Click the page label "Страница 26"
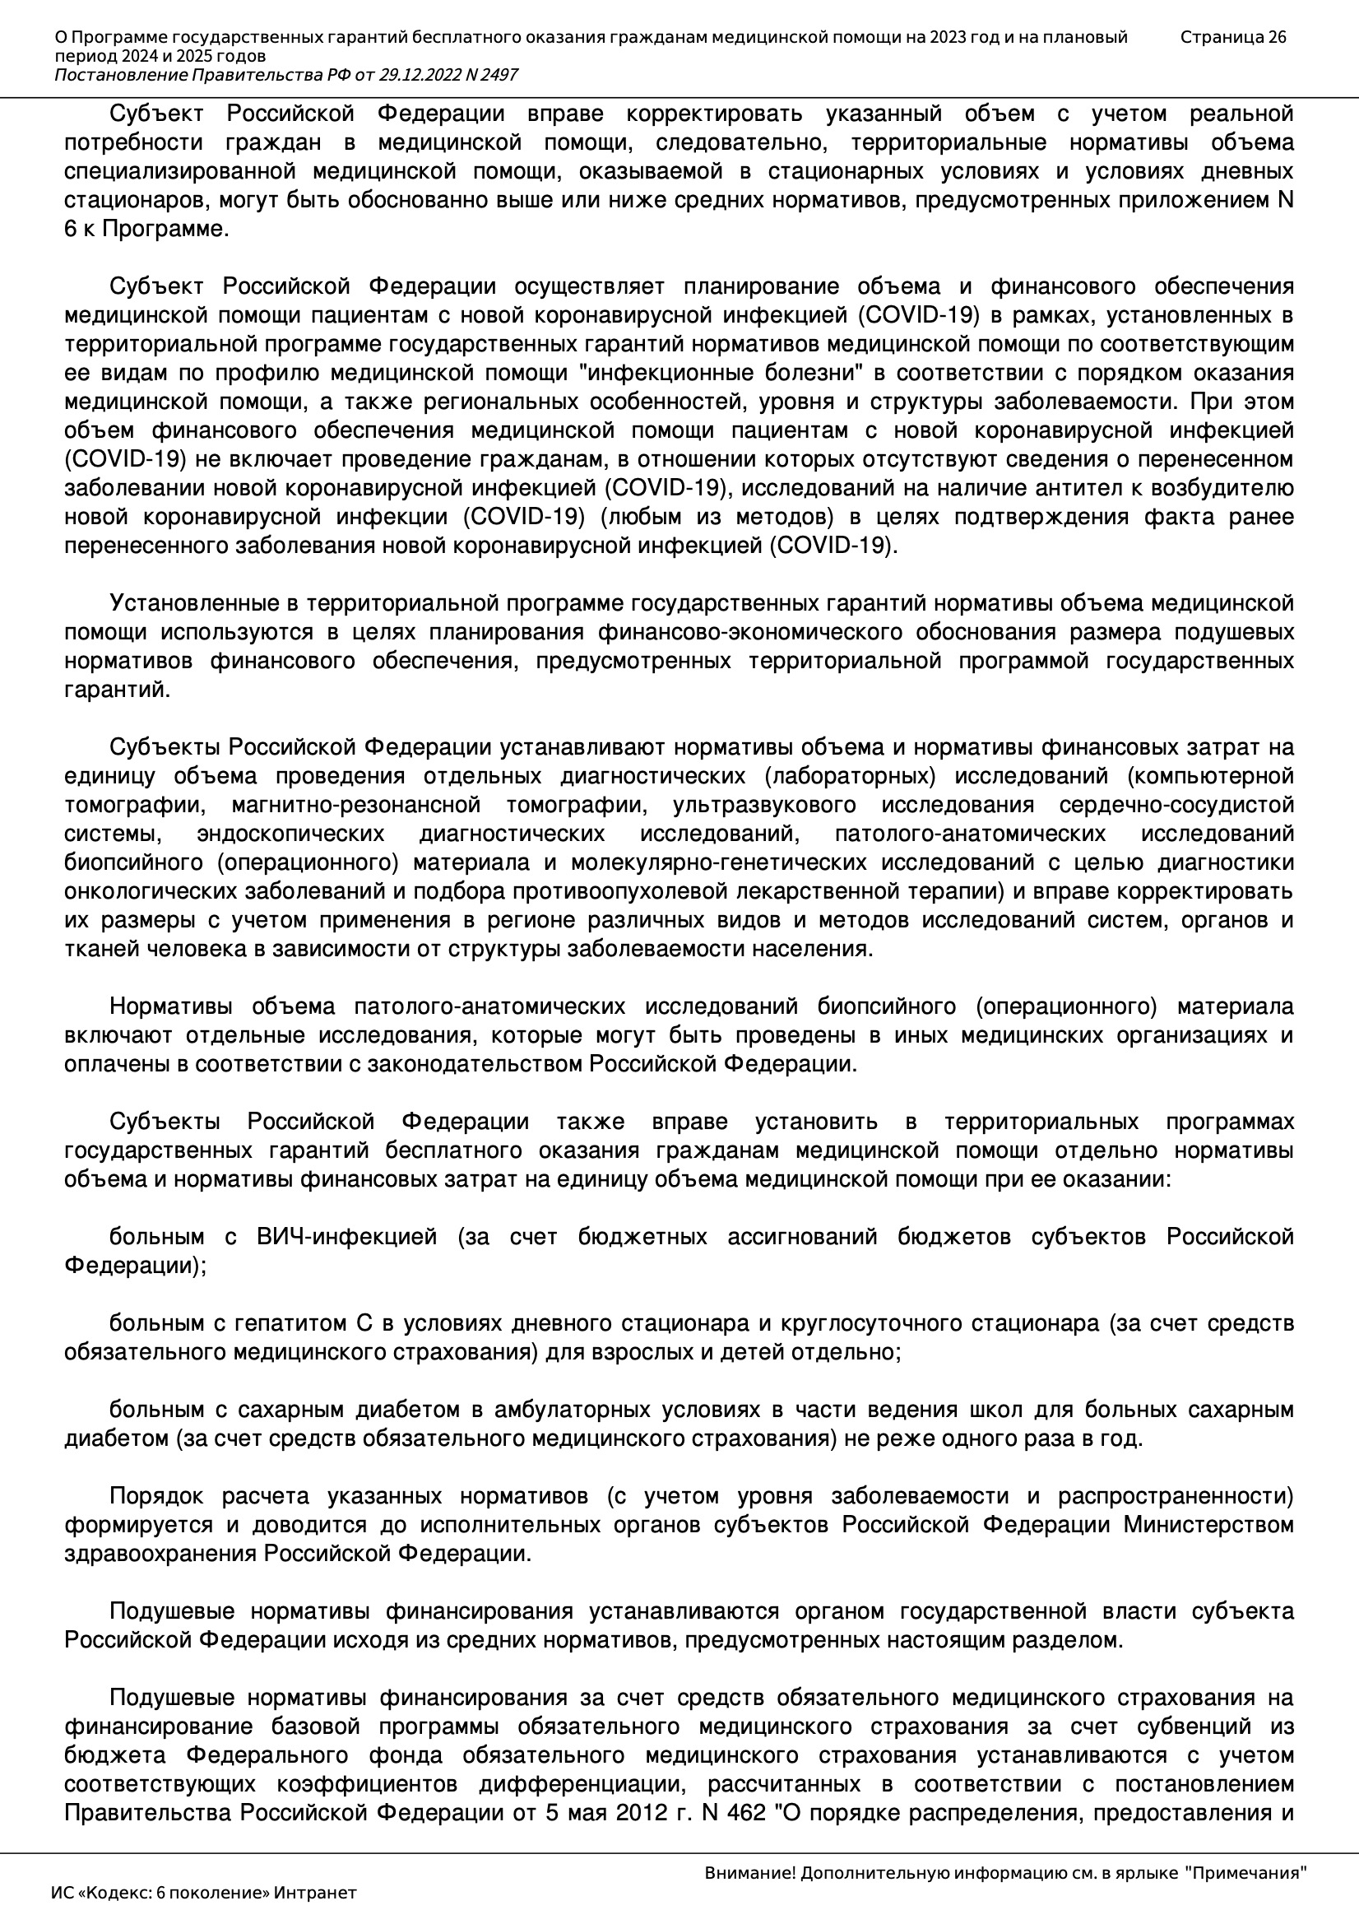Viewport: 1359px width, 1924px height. point(1232,37)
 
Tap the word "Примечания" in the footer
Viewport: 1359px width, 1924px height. point(1250,1873)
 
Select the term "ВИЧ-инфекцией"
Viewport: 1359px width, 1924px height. point(347,1237)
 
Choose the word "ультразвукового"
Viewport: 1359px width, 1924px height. point(764,806)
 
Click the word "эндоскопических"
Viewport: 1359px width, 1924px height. point(290,834)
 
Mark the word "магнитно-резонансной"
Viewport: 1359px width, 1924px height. point(356,806)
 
